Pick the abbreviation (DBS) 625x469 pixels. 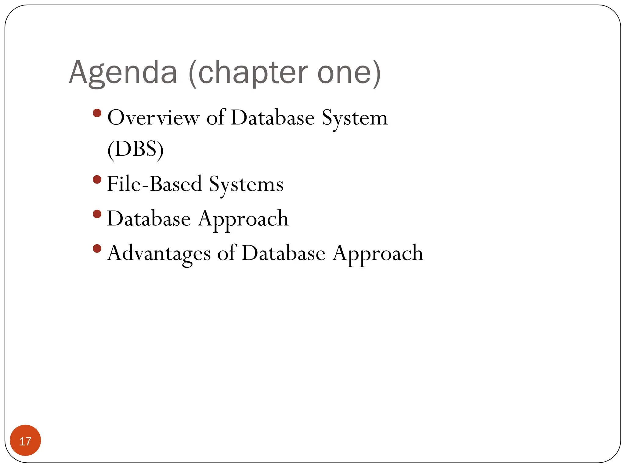coord(135,149)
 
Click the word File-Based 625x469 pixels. coord(154,184)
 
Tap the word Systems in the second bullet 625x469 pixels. coord(246,184)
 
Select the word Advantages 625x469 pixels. coord(159,253)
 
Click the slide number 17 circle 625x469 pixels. coord(25,440)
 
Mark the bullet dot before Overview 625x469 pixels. coord(97,113)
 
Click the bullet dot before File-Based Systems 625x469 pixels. coord(97,179)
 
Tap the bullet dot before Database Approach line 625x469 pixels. coord(97,214)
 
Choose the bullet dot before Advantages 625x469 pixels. coord(97,248)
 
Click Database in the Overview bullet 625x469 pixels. coord(273,118)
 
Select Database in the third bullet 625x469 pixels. coord(149,219)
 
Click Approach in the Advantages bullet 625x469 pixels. coord(378,254)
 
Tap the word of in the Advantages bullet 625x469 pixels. coord(226,253)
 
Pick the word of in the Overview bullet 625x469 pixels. coord(216,118)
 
